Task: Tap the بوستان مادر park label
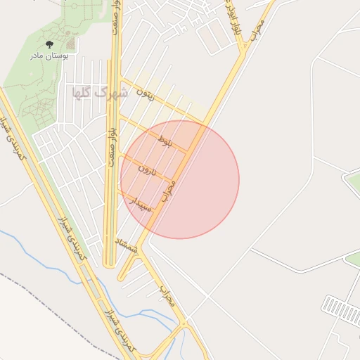[49, 55]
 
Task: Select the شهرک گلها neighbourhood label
[99, 92]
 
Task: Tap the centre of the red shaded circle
[180, 179]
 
